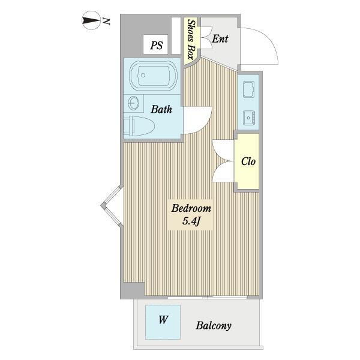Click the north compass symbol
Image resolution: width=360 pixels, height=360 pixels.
[x=91, y=20]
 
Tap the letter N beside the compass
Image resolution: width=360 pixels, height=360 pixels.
[x=106, y=21]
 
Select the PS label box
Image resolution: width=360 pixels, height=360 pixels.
[x=155, y=44]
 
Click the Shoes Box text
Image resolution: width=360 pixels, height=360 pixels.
[x=191, y=39]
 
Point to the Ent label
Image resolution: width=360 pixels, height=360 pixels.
[x=220, y=38]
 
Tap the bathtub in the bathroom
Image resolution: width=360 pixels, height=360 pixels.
[x=153, y=76]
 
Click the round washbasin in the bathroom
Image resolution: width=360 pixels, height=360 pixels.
[x=133, y=103]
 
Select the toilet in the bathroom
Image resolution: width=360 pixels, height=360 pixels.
[x=139, y=126]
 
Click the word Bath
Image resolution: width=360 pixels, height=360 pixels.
[x=161, y=109]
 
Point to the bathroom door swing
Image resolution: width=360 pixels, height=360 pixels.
[x=197, y=120]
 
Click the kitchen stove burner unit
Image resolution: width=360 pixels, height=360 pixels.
[x=248, y=89]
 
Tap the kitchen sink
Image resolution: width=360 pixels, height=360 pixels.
[x=249, y=118]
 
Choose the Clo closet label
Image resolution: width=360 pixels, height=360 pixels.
[x=248, y=161]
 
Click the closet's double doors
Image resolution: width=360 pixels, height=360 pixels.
[x=223, y=161]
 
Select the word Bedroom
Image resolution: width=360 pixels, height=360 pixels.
[x=191, y=208]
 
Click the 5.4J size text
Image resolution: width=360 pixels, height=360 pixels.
[x=191, y=221]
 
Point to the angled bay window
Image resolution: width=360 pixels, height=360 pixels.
[x=112, y=206]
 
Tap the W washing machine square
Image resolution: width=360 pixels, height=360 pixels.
[x=163, y=322]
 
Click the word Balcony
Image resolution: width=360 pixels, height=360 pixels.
[x=214, y=326]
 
